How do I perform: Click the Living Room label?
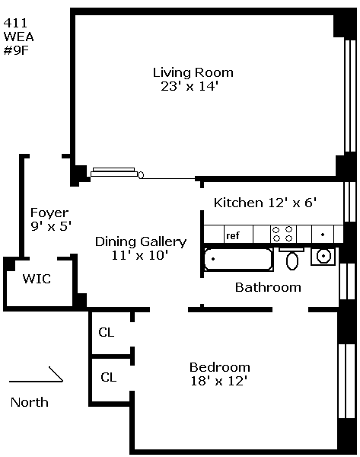193,72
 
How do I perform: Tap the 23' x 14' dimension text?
190,86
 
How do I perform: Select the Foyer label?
49,213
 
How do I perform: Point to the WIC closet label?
37,279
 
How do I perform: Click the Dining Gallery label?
141,242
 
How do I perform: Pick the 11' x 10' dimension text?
140,255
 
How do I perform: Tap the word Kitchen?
238,203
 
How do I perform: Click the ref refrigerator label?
233,235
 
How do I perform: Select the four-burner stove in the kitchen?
282,234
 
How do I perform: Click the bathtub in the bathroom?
238,259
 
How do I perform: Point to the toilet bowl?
292,260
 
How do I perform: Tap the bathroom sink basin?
323,257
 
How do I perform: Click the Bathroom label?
268,287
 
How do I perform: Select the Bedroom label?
220,367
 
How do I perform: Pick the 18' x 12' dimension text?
219,381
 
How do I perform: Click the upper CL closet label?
107,332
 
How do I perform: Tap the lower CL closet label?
109,377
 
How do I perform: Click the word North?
30,402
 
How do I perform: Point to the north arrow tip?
63,381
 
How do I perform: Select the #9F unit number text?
16,50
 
